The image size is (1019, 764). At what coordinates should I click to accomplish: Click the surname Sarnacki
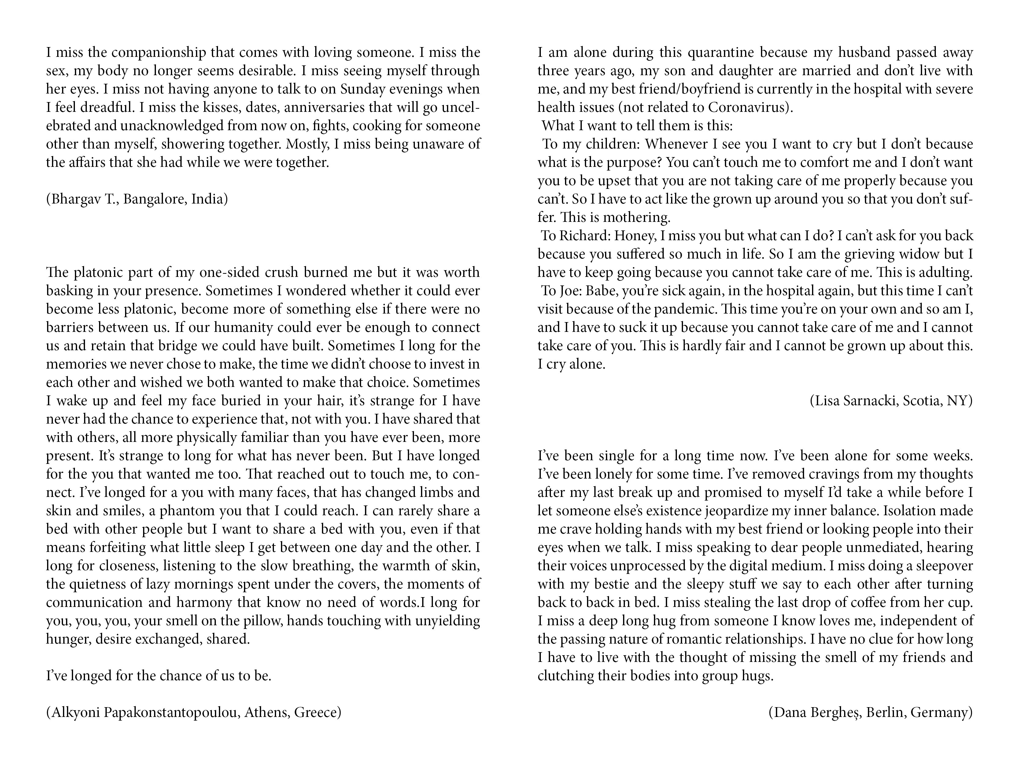point(870,401)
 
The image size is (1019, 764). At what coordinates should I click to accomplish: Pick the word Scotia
point(921,401)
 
